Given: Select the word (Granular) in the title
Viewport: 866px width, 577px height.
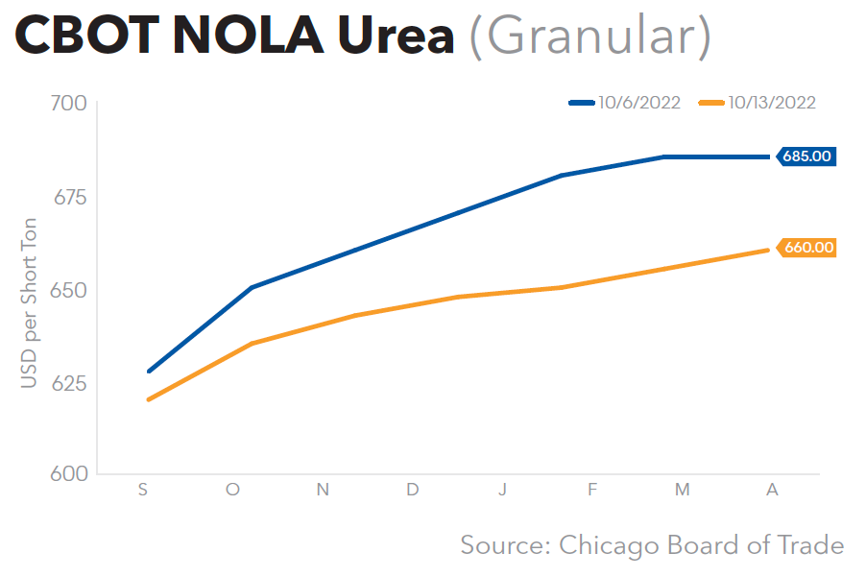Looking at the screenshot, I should (589, 36).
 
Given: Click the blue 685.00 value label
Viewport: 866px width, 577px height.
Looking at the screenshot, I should (807, 156).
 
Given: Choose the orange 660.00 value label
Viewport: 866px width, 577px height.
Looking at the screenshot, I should (807, 248).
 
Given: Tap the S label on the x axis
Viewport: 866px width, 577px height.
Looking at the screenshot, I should (143, 490).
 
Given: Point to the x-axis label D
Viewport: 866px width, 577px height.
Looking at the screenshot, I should (412, 490).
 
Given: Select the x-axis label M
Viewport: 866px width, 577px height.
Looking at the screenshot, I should (682, 490).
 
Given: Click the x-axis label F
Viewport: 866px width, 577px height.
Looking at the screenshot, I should (592, 490).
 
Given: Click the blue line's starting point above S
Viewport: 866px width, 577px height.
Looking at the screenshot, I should (149, 372).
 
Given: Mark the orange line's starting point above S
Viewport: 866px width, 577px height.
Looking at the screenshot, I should (149, 399).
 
